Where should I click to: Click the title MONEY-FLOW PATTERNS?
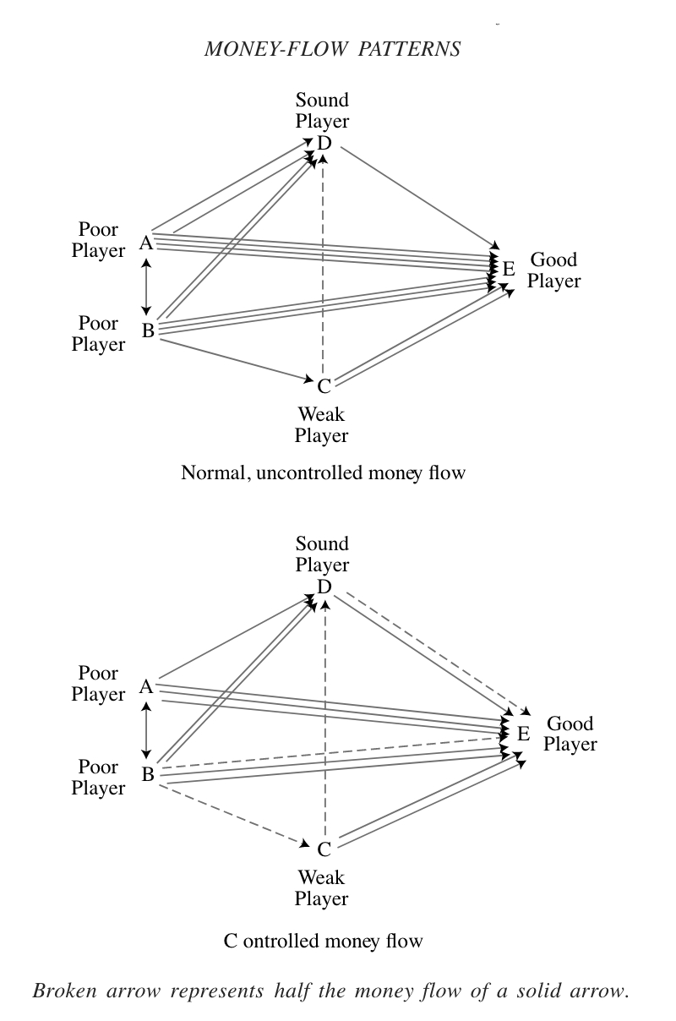pyautogui.click(x=332, y=48)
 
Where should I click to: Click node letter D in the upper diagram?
pyautogui.click(x=324, y=143)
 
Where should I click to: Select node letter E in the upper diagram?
pyautogui.click(x=508, y=269)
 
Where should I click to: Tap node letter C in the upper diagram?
pyautogui.click(x=324, y=386)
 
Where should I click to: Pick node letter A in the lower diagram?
pyautogui.click(x=146, y=686)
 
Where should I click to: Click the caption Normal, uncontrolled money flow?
pyautogui.click(x=323, y=472)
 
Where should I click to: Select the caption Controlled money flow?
pyautogui.click(x=323, y=940)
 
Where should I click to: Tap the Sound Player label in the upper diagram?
pyautogui.click(x=322, y=111)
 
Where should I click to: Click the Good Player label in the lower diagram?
pyautogui.click(x=570, y=734)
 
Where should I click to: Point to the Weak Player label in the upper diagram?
pyautogui.click(x=322, y=425)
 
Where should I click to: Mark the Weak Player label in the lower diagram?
pyautogui.click(x=321, y=887)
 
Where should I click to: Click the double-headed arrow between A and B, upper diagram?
pyautogui.click(x=148, y=287)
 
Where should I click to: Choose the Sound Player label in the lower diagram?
pyautogui.click(x=322, y=554)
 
